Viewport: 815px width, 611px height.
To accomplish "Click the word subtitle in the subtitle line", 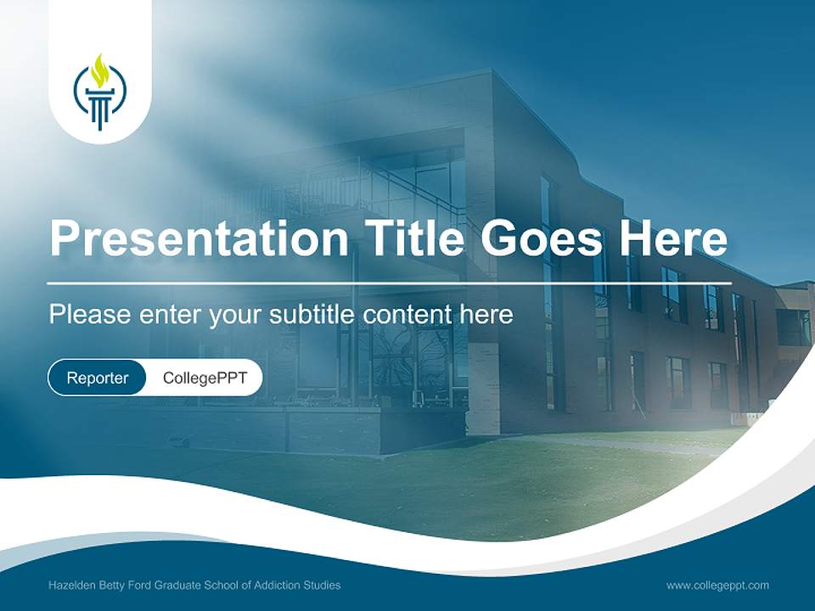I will pos(313,315).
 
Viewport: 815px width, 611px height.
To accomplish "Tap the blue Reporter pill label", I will pos(98,378).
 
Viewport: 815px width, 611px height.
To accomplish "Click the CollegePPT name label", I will pos(205,378).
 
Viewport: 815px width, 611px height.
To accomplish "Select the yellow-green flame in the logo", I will pos(100,70).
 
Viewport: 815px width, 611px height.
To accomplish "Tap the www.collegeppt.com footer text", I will pos(717,586).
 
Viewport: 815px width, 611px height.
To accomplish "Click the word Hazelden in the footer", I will pos(71,586).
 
